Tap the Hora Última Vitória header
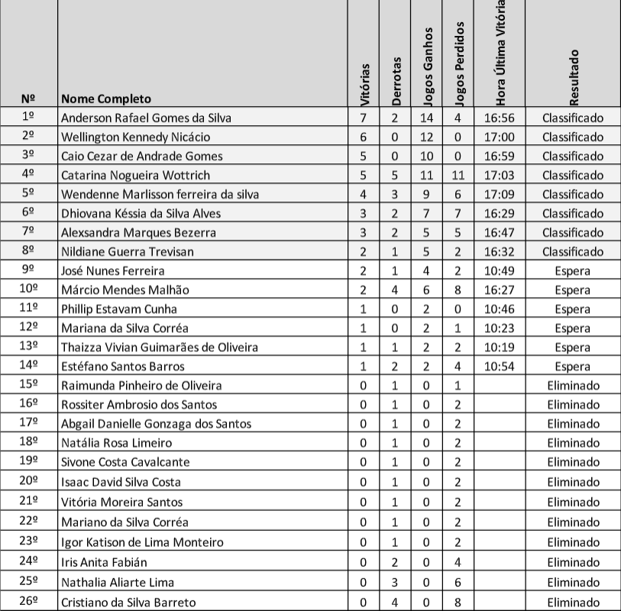500,53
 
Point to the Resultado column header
574,76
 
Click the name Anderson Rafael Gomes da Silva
146,118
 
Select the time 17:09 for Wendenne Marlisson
500,194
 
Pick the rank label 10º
29,289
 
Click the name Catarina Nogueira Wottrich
135,175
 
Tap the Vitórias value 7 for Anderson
364,118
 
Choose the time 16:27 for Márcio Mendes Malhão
500,289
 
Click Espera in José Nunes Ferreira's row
573,270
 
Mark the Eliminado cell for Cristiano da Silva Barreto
573,602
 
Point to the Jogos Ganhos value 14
426,118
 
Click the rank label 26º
29,602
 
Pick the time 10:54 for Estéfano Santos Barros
500,366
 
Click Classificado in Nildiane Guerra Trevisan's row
573,251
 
